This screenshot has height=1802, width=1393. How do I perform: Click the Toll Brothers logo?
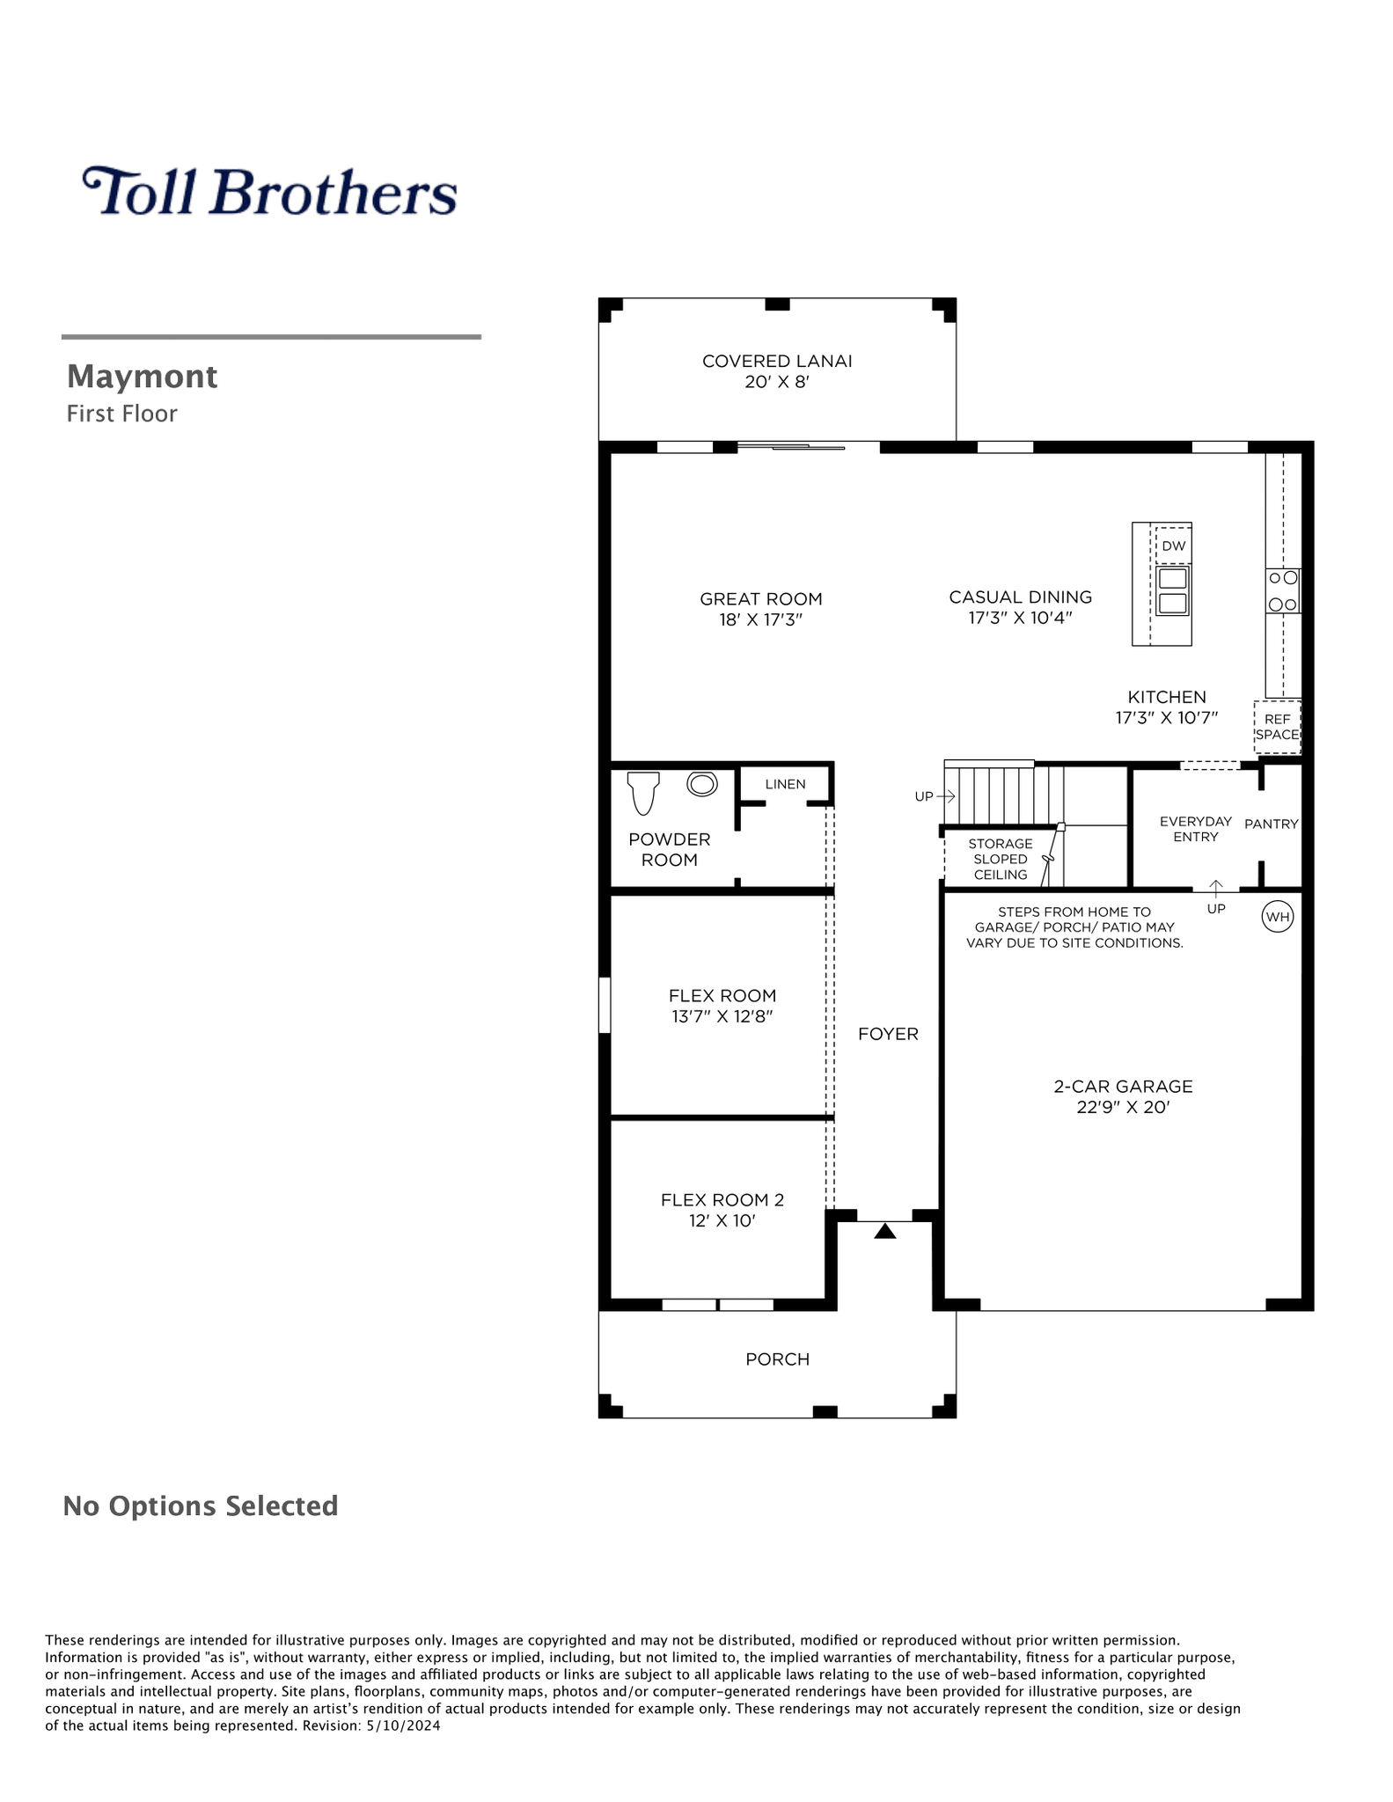(x=270, y=191)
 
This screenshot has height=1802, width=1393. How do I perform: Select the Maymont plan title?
(x=142, y=377)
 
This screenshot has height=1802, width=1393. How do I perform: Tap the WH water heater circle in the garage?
(x=1277, y=917)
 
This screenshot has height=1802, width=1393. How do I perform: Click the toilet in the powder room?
(x=643, y=793)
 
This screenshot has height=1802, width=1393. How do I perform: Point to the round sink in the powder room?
(x=702, y=783)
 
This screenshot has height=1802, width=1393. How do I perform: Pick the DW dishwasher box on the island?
(x=1173, y=546)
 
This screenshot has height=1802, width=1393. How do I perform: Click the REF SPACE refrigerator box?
(x=1277, y=727)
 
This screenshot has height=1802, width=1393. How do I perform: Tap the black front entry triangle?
(x=885, y=1232)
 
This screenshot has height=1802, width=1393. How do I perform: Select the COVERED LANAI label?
(x=777, y=361)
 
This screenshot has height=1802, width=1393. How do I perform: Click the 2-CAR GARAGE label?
(x=1123, y=1087)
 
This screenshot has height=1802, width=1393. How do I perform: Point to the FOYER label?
(x=888, y=1034)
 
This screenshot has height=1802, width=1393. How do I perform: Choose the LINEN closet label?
(x=785, y=784)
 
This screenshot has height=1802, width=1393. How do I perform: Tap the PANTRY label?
(x=1271, y=824)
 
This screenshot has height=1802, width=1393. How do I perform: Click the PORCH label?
(x=777, y=1359)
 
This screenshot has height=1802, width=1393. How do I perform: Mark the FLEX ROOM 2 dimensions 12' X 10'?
(x=722, y=1221)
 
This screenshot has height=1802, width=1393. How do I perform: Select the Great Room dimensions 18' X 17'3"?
(x=761, y=619)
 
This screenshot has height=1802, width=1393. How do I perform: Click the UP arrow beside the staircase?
(x=946, y=796)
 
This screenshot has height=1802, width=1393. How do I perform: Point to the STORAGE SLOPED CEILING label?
(x=1001, y=859)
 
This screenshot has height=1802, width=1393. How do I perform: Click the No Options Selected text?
(x=201, y=1505)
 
